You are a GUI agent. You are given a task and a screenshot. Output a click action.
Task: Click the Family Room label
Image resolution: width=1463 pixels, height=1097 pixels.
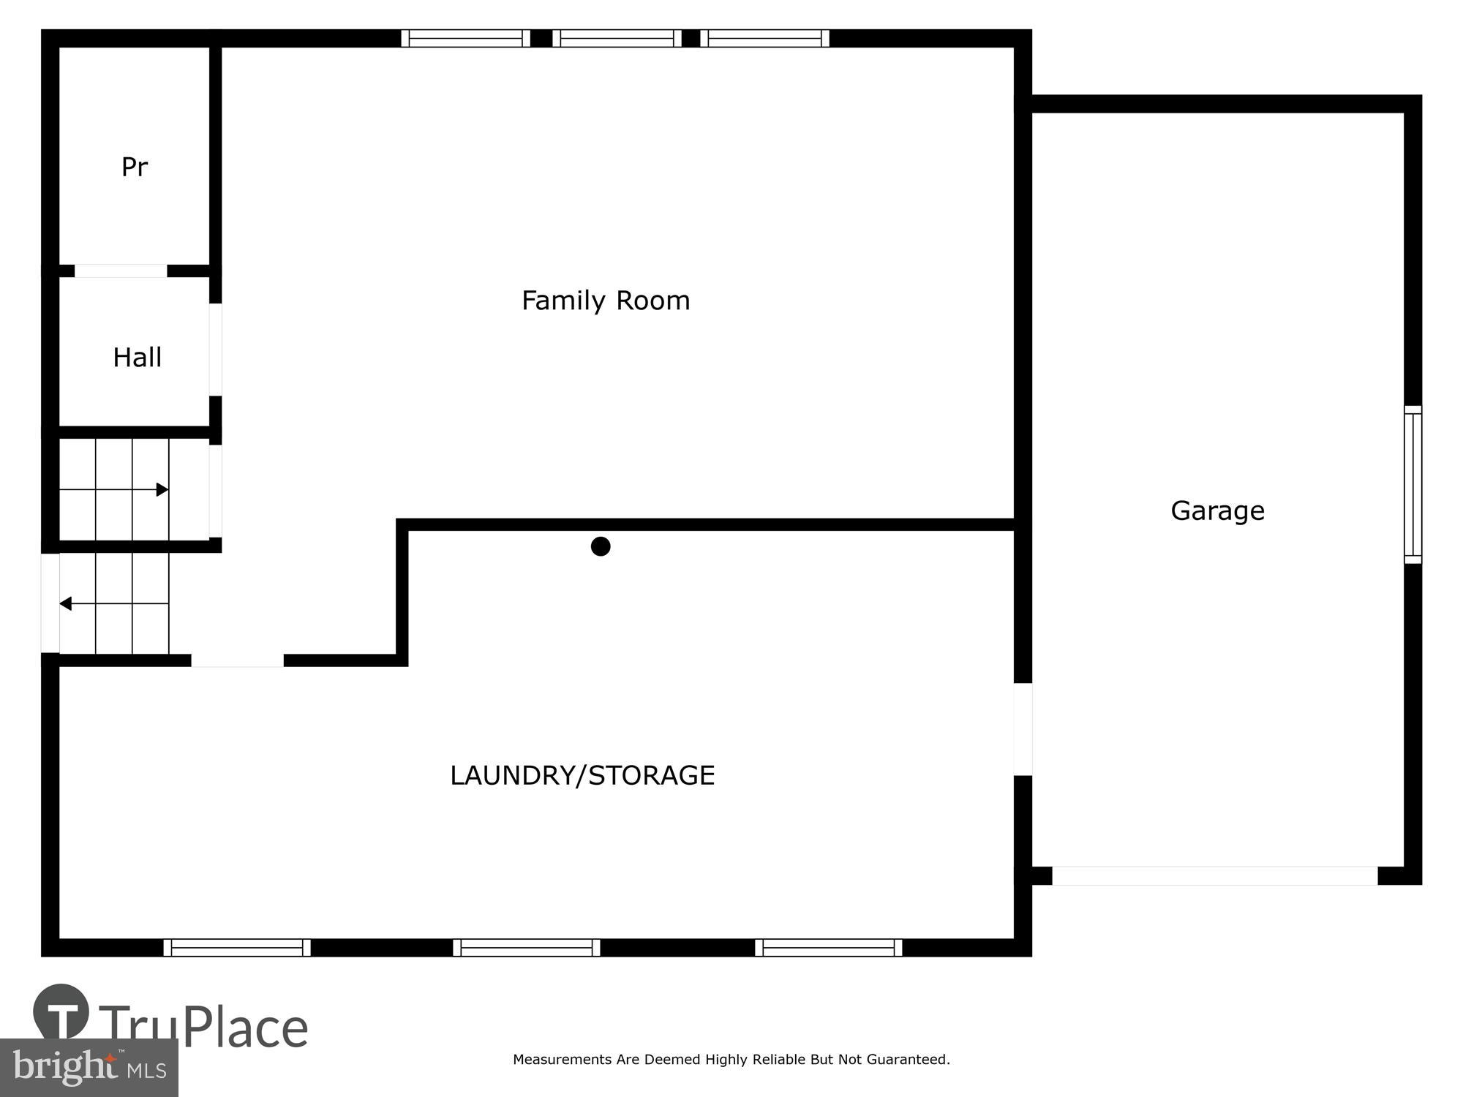(x=606, y=301)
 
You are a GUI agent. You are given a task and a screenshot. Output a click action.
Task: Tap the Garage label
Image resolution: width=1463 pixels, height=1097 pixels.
(x=1217, y=510)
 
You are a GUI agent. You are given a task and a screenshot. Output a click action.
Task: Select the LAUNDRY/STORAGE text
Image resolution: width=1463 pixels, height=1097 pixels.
(x=582, y=775)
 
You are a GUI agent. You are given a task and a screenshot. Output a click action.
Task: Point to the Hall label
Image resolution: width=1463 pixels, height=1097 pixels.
(x=137, y=358)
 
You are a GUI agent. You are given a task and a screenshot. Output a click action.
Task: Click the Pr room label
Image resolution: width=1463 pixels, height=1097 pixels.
(x=135, y=167)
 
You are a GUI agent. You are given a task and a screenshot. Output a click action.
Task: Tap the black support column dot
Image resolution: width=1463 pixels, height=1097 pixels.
(x=601, y=546)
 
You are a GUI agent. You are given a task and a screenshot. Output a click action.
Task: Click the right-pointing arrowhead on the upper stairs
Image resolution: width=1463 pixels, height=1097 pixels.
(x=162, y=489)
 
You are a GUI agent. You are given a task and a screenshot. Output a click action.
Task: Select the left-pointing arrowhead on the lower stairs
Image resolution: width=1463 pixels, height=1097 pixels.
(x=65, y=603)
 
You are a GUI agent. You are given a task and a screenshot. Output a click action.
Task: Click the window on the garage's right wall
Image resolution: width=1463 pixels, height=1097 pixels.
(x=1413, y=484)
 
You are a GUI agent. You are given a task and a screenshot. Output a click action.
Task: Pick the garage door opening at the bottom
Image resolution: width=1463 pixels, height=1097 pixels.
(x=1214, y=875)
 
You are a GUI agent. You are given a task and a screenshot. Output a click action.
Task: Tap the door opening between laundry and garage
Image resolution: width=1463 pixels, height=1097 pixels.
(x=1023, y=729)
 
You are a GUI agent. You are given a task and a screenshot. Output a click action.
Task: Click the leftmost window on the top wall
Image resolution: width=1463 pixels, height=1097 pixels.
(x=465, y=38)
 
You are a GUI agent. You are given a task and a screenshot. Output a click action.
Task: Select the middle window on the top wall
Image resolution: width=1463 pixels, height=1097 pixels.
(x=617, y=38)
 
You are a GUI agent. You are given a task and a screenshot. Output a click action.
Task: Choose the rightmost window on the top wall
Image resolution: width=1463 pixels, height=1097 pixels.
(x=764, y=38)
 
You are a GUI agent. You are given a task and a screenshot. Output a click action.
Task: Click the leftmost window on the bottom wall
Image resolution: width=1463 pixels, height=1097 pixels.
(x=237, y=948)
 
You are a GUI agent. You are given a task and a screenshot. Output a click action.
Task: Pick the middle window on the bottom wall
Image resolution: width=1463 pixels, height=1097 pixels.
(x=527, y=948)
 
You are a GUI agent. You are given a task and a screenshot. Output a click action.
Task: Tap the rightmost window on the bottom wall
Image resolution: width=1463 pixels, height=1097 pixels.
(x=829, y=948)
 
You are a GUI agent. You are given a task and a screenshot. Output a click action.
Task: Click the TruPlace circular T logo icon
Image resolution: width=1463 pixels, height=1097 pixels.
(x=61, y=1012)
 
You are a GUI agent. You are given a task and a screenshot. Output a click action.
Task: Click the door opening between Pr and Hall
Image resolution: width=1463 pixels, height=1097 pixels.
(x=121, y=271)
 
